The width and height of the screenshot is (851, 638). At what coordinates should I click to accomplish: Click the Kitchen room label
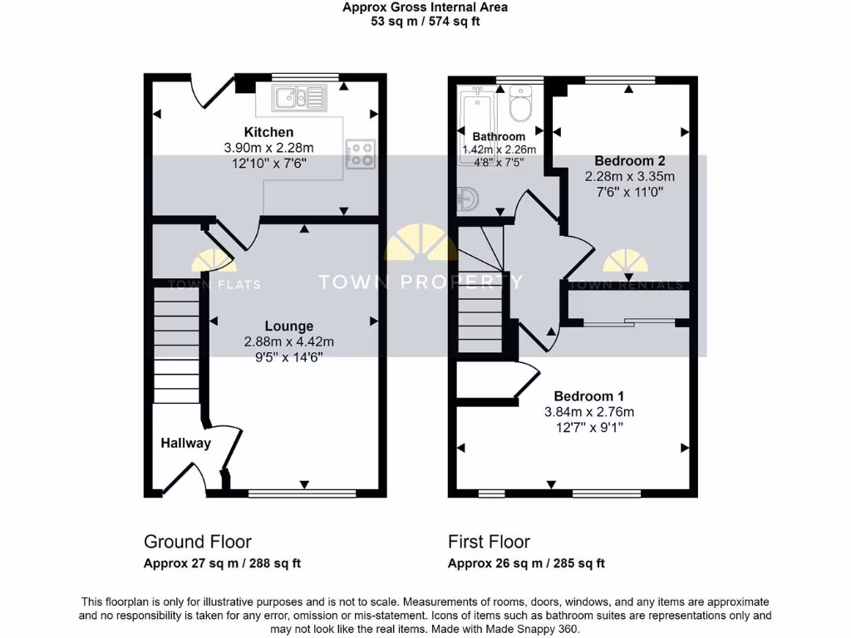coord(268,132)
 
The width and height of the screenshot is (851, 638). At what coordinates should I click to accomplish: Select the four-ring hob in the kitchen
coord(362,154)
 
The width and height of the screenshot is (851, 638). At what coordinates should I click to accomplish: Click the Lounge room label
coord(289,326)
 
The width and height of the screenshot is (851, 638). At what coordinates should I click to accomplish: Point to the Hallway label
coord(185,443)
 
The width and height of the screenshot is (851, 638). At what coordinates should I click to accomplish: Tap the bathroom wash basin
coord(468,200)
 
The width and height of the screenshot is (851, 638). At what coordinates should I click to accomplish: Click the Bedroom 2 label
coord(629,160)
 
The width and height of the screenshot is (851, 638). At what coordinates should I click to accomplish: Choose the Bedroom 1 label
coord(589,396)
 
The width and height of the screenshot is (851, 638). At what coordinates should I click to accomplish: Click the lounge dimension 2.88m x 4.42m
coord(289,341)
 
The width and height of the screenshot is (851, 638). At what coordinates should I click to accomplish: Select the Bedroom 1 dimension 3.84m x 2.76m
coord(589,412)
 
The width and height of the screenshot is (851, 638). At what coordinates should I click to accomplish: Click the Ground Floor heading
coord(198,542)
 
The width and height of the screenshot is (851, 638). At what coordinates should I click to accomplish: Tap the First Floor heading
coord(489,542)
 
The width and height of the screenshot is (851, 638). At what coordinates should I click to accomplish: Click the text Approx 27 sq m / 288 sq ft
coord(222,563)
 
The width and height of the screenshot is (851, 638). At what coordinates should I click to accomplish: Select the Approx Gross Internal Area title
coord(425,7)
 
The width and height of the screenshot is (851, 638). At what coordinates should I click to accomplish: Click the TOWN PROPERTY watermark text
coord(421,282)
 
